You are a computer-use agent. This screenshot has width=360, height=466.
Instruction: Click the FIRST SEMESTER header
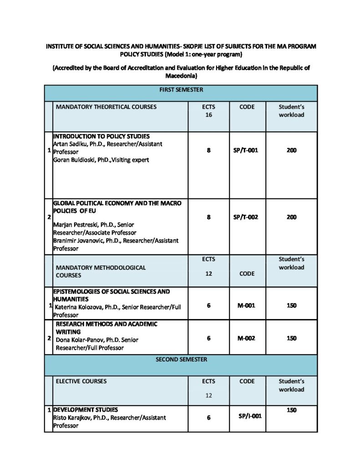(x=181, y=90)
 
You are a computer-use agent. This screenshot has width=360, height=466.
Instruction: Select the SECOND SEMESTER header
(x=181, y=360)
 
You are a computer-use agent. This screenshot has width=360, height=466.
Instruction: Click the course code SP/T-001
(x=246, y=151)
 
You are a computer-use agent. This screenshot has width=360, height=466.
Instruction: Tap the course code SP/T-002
(x=246, y=217)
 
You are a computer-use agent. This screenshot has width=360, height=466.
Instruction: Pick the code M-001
(x=246, y=305)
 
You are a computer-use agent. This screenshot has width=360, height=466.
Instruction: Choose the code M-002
(x=246, y=338)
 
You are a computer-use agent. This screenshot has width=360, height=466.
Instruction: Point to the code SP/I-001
(x=249, y=415)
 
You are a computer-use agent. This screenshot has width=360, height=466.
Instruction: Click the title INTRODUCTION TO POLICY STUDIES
(x=101, y=136)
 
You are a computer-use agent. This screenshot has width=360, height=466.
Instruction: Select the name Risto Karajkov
(x=72, y=417)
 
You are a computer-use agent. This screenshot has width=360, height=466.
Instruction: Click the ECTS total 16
(x=208, y=115)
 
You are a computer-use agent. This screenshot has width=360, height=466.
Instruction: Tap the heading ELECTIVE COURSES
(x=81, y=381)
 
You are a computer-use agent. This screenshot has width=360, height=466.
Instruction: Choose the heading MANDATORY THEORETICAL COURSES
(x=106, y=107)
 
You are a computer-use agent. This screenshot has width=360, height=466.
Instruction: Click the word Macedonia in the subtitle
(x=181, y=76)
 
